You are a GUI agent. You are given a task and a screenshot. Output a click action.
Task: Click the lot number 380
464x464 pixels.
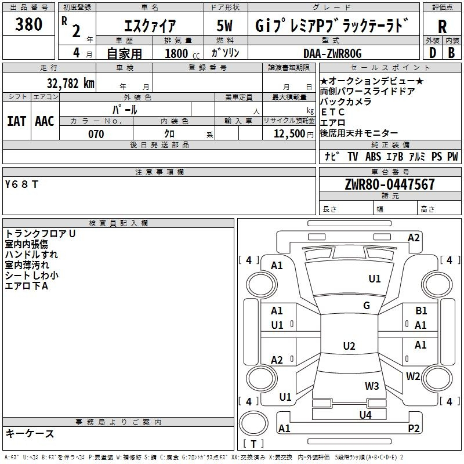point(29,24)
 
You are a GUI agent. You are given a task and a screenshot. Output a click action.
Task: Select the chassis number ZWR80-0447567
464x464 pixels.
point(390,184)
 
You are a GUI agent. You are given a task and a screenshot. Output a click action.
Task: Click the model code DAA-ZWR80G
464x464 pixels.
point(332,53)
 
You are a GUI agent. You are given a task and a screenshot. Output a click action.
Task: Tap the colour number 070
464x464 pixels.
point(96,134)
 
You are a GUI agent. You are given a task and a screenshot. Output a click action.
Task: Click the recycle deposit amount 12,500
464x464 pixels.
point(289,134)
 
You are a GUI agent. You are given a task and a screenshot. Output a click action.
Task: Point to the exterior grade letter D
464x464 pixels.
point(432,53)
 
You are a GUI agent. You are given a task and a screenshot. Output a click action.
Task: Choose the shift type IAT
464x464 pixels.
point(16,121)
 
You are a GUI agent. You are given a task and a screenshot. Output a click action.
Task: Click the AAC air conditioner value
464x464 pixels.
point(45,121)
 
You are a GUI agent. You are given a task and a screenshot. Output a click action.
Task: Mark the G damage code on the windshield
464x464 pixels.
point(367,306)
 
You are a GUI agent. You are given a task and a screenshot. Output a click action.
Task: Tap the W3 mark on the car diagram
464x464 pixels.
point(372,386)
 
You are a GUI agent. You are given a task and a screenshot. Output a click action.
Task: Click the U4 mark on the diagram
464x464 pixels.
point(365,415)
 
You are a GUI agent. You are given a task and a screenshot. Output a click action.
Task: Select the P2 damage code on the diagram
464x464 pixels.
point(414,428)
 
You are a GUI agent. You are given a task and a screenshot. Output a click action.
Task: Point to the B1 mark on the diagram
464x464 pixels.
point(421,311)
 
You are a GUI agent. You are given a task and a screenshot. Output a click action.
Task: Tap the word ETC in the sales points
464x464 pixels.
point(332,112)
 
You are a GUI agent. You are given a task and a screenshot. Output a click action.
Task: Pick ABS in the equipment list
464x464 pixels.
point(373,157)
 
